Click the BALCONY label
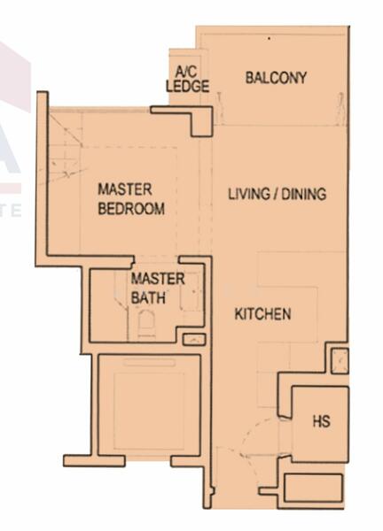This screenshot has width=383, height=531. pos(276,78)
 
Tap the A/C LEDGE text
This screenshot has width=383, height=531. pos(187,80)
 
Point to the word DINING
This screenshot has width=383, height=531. pos(304,194)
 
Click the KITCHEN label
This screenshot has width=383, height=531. pos(263,314)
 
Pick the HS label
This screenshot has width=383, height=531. pos(321,421)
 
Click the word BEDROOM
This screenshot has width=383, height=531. pos(131,209)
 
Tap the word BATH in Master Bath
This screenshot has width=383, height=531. pos(148,298)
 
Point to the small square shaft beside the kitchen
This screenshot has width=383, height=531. pos(340,361)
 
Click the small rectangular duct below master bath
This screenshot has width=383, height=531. pos(194,339)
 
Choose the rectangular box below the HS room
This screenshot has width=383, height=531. pos(313,488)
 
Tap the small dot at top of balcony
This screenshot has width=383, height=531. pos(269,39)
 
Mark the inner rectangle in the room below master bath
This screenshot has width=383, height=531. pos(149,411)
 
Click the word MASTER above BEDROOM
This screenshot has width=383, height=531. pos(124,189)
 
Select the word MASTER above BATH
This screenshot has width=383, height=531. pos(158,279)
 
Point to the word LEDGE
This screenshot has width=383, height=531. pos(187,86)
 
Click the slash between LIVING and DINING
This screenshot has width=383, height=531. pos(276,194)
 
